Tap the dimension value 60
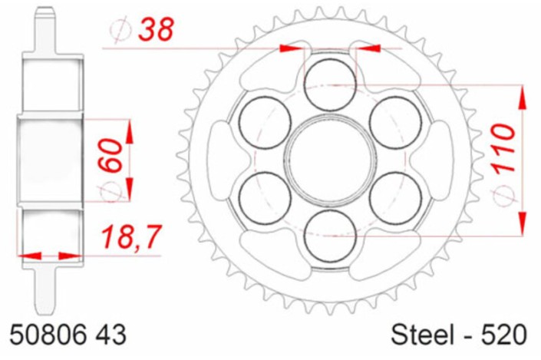[109, 153]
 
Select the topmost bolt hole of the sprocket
[331, 84]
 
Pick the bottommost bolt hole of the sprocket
[331, 236]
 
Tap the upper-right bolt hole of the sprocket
[396, 122]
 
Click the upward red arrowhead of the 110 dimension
[523, 97]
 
